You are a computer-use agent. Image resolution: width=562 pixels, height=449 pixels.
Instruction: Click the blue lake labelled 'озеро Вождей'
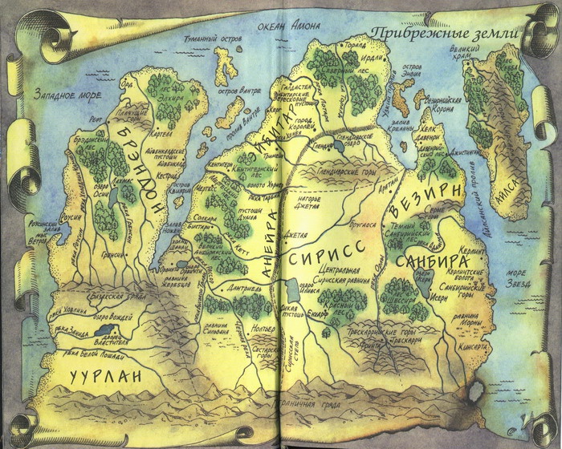(x=104, y=329)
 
